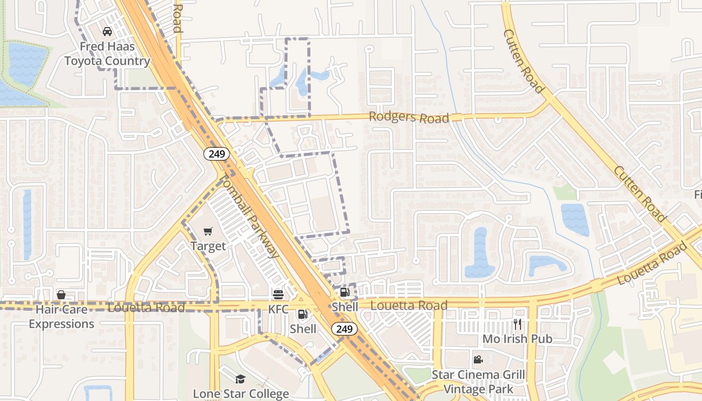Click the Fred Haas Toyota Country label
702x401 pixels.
point(107,54)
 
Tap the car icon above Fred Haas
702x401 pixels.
point(107,32)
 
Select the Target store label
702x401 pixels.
point(208,246)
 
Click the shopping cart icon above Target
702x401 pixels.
point(208,231)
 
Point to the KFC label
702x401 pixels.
point(278,309)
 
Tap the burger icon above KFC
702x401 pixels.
point(278,294)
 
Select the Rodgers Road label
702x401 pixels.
point(409,117)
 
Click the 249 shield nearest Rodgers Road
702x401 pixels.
point(217,154)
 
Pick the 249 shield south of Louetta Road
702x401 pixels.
point(344,329)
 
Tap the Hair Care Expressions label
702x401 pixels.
point(61,317)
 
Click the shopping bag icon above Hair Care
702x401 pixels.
point(61,294)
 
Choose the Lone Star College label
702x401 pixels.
point(241,393)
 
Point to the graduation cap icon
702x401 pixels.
point(241,379)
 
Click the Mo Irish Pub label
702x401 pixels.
point(517,339)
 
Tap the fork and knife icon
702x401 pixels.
point(517,324)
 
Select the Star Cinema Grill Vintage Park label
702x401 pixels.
point(478,382)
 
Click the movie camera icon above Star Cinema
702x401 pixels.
point(478,359)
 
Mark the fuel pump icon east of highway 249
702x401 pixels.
point(344,292)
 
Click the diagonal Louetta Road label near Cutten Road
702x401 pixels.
point(652,262)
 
